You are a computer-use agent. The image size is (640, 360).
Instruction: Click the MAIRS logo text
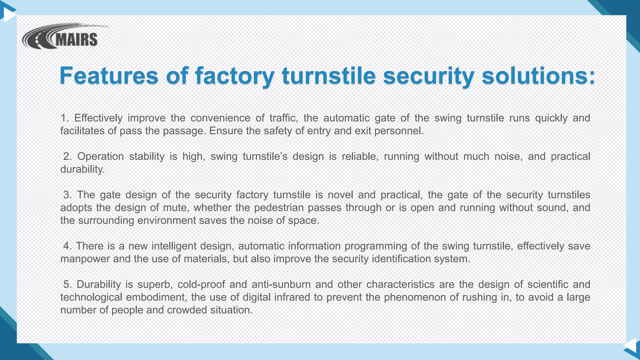[76, 40]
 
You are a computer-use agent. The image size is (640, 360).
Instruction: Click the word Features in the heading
[109, 76]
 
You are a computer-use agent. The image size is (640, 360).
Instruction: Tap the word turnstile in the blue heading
[328, 76]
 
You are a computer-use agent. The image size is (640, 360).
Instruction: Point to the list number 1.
[64, 118]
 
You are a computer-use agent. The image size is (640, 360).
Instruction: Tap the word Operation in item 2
[100, 157]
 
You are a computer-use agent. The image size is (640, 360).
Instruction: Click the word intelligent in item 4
[173, 246]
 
